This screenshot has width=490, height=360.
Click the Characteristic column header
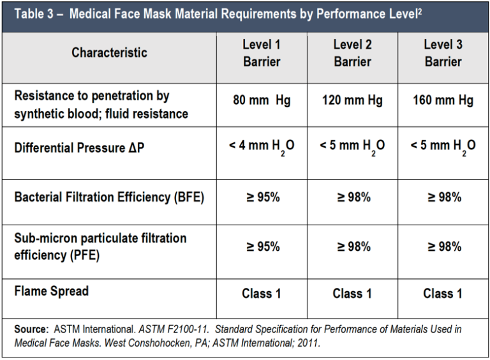point(109,52)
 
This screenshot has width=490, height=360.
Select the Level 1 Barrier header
point(262,53)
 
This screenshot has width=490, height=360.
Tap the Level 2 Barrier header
point(352,53)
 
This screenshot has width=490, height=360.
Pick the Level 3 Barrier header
point(443,53)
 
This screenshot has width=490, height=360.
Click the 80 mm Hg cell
point(262,101)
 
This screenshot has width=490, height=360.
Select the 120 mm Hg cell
point(352,101)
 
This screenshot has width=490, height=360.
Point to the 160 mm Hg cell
point(443,101)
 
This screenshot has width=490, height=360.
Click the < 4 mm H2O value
point(262,146)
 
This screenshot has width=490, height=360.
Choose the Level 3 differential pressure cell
point(443,146)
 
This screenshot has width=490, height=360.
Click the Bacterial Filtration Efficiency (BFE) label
point(109,197)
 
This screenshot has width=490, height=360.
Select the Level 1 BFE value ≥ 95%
point(262,197)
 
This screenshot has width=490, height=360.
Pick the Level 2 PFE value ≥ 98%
point(352,246)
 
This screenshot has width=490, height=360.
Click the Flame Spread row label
point(51,291)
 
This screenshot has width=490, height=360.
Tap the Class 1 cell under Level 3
point(443,294)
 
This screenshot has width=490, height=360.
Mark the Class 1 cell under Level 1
point(262,294)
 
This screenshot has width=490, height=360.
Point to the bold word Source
point(31,329)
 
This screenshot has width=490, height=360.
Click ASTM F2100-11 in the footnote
point(170,329)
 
